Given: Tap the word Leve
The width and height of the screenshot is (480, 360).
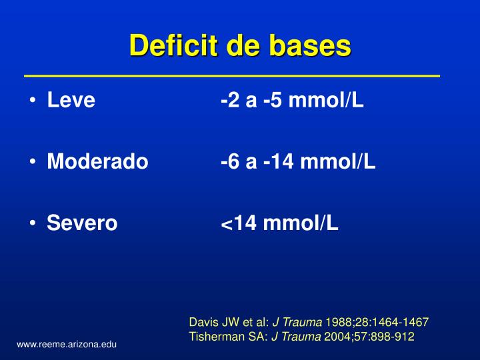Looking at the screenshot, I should (x=71, y=101).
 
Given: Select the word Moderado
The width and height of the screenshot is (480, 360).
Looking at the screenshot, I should (x=97, y=162).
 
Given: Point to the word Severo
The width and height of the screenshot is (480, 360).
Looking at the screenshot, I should (x=82, y=223).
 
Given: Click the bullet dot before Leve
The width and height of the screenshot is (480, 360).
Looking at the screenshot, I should (x=33, y=102).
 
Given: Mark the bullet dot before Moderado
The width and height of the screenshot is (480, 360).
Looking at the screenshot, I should (x=33, y=163).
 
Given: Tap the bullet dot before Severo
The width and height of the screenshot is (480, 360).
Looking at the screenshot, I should (x=33, y=223).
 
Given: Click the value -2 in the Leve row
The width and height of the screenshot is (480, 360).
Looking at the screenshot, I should (x=230, y=101).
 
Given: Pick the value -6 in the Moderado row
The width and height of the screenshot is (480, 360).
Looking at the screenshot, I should (x=230, y=162).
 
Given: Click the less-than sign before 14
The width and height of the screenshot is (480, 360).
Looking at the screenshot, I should (x=226, y=225).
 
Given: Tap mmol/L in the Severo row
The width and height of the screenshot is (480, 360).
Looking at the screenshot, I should (x=301, y=223).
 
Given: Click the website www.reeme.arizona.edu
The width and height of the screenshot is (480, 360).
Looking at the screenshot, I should (x=67, y=344).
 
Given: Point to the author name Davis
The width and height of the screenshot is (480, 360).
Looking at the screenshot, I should (x=203, y=323).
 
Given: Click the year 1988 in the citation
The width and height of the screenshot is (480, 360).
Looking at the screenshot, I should (x=337, y=323).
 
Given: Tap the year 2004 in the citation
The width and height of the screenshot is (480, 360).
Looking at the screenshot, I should (x=336, y=337).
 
